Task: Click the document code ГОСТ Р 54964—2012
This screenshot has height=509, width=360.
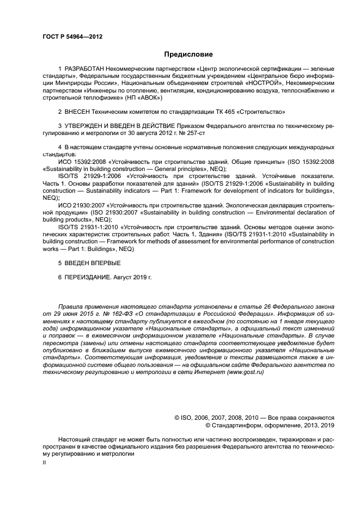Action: (x=72, y=36)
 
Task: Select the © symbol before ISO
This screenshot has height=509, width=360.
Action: (x=177, y=417)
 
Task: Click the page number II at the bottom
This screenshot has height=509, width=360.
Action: (x=45, y=462)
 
